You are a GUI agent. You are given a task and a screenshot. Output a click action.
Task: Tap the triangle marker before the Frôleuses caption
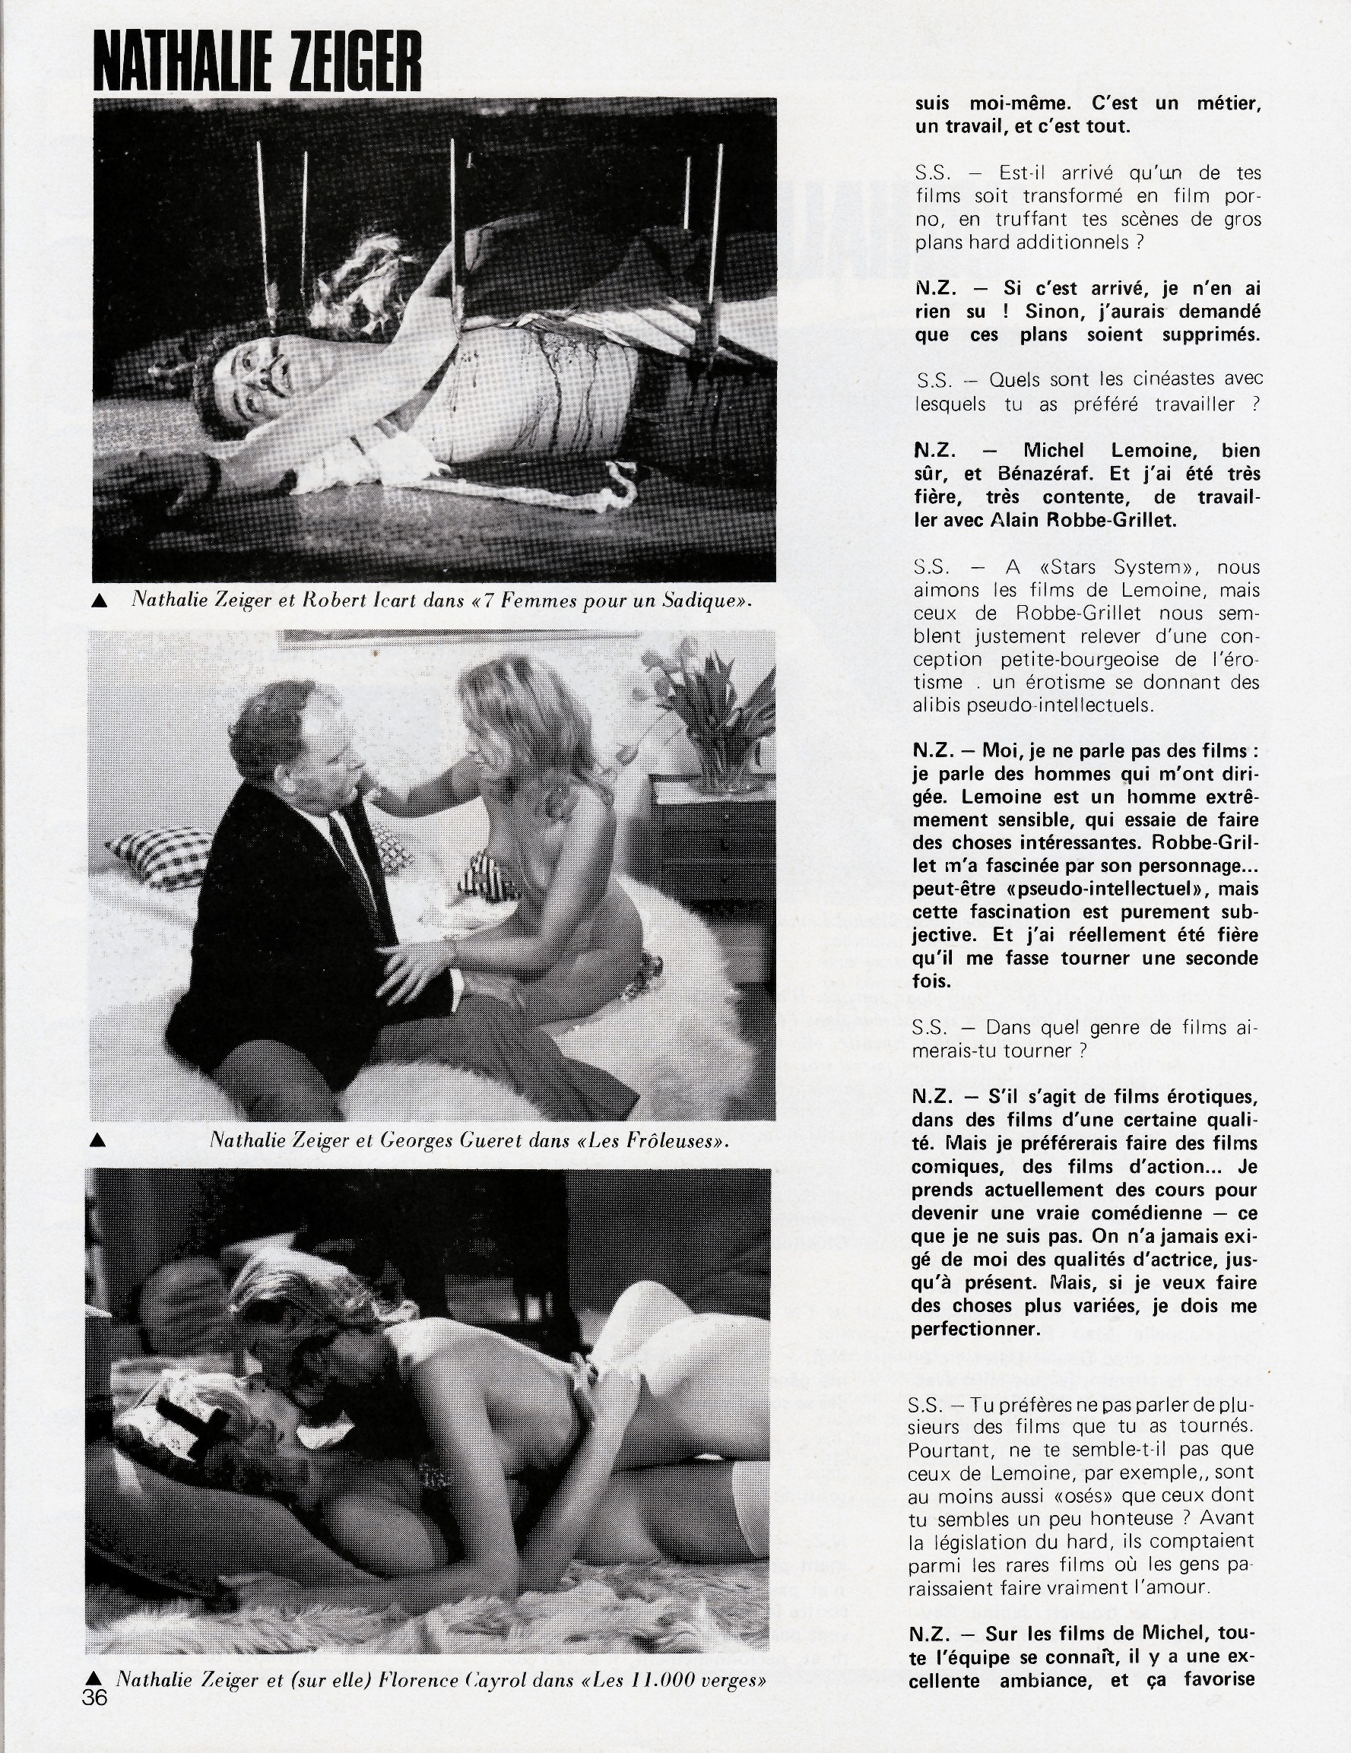98,1140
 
